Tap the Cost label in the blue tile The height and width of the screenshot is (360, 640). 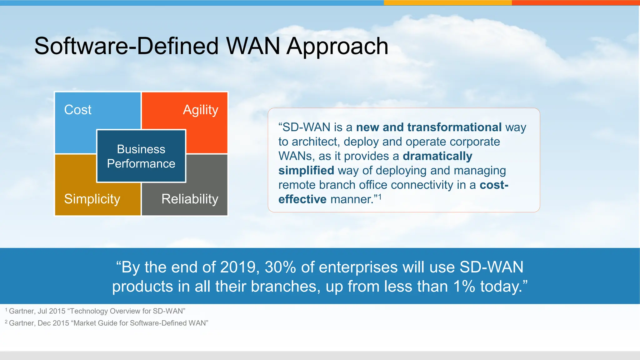[77, 110]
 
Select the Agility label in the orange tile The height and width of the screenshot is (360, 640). [200, 110]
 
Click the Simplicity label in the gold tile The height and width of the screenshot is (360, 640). [92, 199]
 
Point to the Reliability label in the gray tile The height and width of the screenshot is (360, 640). [190, 199]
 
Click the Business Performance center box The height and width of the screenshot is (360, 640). [141, 156]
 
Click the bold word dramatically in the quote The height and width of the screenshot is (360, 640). [437, 156]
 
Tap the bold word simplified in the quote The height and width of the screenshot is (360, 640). [306, 171]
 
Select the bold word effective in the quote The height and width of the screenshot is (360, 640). [302, 199]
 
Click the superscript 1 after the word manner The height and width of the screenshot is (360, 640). [380, 197]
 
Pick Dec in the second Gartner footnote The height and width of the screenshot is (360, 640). [44, 323]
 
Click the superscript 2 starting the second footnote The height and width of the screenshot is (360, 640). [6, 322]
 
